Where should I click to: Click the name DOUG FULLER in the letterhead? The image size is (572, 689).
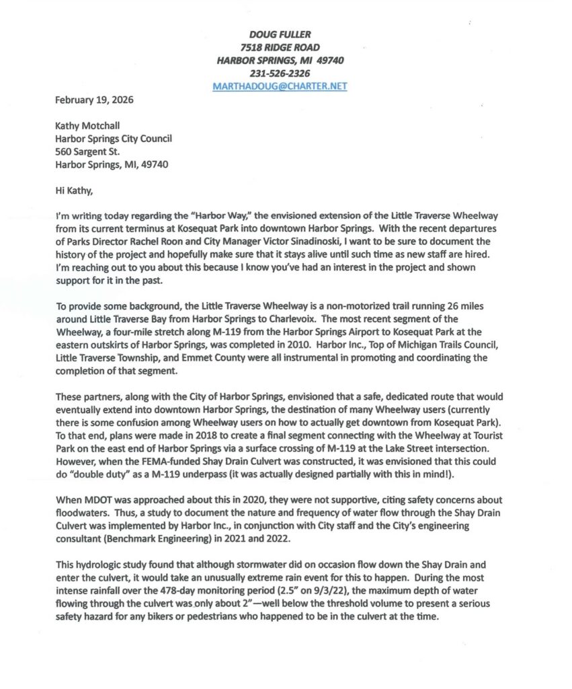(x=280, y=34)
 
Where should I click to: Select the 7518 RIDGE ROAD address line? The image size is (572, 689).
(x=280, y=47)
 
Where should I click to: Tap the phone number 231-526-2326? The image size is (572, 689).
(x=280, y=73)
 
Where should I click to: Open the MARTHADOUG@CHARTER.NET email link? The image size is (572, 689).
(x=280, y=86)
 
